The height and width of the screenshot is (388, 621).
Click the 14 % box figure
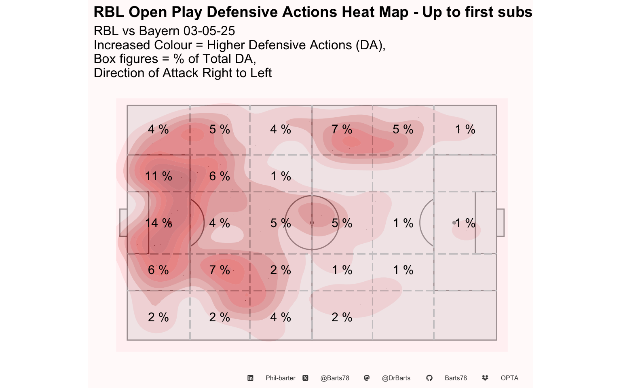(158, 223)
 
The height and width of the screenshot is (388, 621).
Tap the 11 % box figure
(158, 176)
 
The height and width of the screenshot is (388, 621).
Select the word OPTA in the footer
(509, 378)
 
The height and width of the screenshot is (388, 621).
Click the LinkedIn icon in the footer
(250, 378)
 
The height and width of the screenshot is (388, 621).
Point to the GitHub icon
(429, 378)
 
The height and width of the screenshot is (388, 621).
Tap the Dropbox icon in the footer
(485, 378)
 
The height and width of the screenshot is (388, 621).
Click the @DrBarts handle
(396, 378)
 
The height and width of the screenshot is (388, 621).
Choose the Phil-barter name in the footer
(280, 378)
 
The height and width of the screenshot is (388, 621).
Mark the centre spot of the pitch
(312, 223)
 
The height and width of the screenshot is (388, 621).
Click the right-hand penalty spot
(454, 223)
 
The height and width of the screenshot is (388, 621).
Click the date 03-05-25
(209, 31)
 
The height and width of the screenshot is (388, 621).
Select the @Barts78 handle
(335, 378)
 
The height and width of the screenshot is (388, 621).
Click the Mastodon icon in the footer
(367, 378)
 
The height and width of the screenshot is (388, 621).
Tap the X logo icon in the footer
(305, 378)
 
